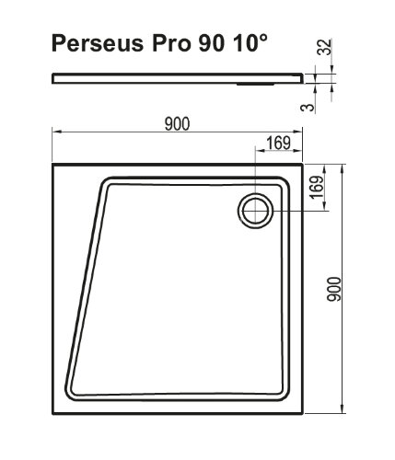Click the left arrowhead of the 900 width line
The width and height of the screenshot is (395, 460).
point(54,131)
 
